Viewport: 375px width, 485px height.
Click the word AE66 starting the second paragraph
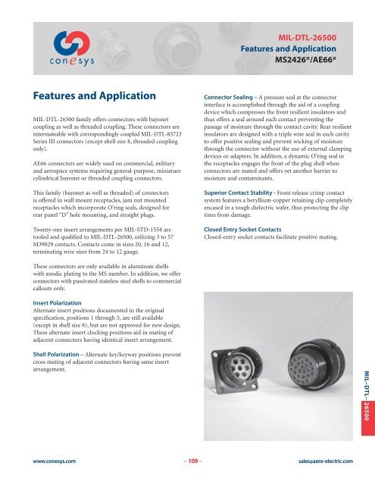(40, 173)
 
